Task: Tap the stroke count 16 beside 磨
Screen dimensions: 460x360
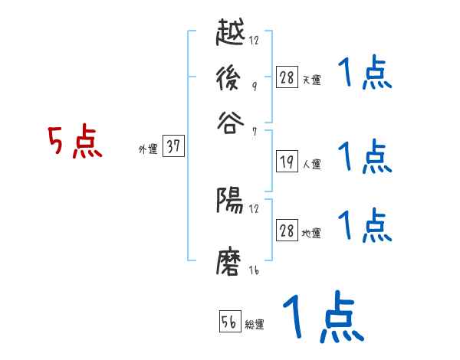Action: click(254, 271)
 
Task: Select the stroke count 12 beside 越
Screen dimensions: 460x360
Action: click(254, 40)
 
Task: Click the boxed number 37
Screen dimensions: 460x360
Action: click(174, 147)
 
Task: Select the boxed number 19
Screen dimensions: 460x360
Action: click(287, 161)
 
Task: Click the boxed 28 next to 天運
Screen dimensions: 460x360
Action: click(287, 77)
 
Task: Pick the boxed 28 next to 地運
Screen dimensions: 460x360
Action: click(287, 231)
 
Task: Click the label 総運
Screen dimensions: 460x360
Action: click(255, 325)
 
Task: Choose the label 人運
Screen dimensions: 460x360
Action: click(311, 163)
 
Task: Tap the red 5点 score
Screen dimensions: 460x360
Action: click(74, 143)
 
